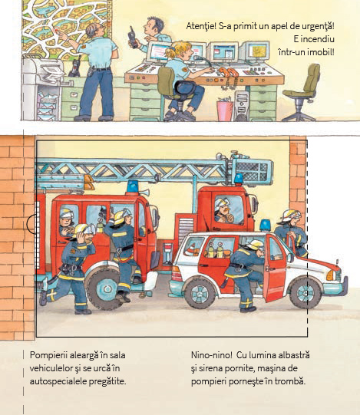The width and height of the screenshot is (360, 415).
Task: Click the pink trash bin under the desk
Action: click(225, 110)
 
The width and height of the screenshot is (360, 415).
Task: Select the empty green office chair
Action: click(302, 92)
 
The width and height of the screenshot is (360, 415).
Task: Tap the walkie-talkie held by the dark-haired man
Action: click(133, 38)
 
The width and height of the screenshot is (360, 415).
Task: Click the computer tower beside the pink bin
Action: click(241, 106)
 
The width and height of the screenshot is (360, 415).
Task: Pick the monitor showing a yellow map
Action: click(256, 51)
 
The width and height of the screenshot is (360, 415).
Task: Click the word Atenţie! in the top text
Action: click(201, 26)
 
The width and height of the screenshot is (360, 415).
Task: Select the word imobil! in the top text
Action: click(321, 52)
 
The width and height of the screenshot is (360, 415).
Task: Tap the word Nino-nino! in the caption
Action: click(211, 355)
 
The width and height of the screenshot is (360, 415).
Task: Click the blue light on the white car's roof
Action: click(265, 226)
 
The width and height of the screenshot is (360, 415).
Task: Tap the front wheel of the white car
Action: click(305, 293)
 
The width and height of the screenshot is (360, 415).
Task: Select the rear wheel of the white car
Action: click(200, 293)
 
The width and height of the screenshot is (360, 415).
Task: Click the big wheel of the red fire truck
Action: click(104, 288)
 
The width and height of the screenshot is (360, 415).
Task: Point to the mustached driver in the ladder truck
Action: click(224, 211)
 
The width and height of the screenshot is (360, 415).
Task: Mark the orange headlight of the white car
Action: click(330, 275)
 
